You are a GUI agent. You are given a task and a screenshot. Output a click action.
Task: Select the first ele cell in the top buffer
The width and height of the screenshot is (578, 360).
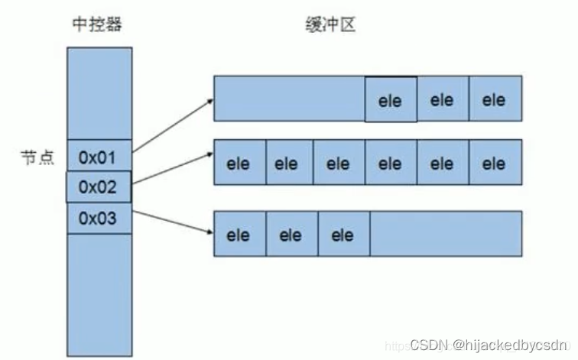[x=390, y=100]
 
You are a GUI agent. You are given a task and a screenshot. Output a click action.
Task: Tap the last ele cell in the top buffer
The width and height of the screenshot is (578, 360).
[x=495, y=99]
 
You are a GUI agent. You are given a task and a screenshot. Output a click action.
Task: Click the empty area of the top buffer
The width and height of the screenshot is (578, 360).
[x=289, y=99]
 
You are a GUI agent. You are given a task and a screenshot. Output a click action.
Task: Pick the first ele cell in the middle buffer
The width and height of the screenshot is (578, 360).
[x=239, y=163]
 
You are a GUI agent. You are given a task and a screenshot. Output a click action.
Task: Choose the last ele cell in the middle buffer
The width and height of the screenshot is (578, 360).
[x=495, y=163]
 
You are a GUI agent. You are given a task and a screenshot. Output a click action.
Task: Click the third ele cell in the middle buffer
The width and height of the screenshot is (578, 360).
[x=338, y=163]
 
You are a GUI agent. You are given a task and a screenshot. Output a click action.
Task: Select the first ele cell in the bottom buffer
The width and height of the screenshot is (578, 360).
[x=239, y=235]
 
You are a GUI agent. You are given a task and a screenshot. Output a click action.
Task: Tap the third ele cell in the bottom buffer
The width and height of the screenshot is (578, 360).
[x=343, y=235]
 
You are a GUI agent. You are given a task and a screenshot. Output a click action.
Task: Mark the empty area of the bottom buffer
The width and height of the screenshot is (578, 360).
[x=445, y=233]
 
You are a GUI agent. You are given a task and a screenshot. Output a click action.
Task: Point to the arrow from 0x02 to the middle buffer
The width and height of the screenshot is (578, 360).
[x=172, y=170]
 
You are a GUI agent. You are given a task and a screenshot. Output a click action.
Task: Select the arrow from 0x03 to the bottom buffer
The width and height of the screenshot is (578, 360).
[x=172, y=222]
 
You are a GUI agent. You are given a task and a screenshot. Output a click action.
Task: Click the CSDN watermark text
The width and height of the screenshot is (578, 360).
[x=489, y=345]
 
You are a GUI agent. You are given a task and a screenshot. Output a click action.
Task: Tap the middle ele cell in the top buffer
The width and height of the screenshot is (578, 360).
[x=442, y=99]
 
